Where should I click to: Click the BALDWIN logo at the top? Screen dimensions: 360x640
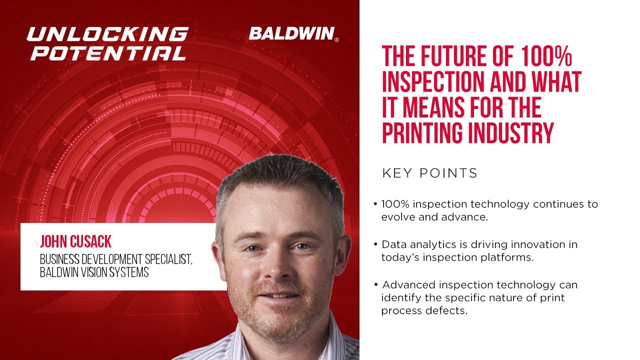(291, 34)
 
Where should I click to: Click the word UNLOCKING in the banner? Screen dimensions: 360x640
(107, 34)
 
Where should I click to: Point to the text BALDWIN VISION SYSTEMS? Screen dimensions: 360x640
(94, 273)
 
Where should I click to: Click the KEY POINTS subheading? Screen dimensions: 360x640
(429, 173)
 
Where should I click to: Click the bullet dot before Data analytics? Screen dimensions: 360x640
(375, 245)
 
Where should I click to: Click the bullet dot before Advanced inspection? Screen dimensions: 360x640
(375, 285)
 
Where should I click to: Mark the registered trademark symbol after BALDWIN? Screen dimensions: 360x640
(336, 40)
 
